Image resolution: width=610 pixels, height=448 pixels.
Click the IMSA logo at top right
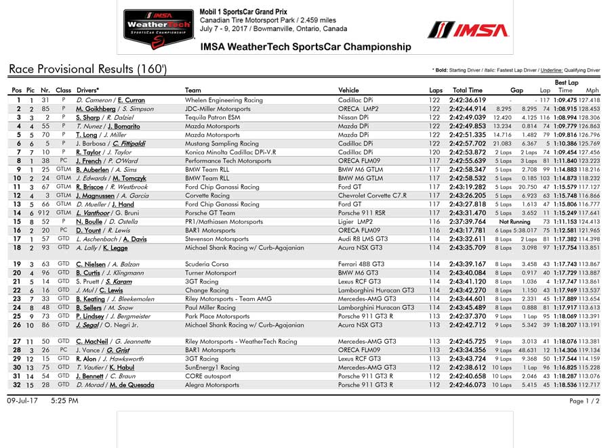coord(468,30)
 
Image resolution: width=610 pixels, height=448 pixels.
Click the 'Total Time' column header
coord(468,90)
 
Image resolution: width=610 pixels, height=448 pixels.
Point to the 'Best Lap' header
coord(566,82)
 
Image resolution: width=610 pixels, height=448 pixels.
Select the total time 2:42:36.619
coord(468,100)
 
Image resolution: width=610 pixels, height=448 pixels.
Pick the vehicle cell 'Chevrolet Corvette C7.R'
coord(372,196)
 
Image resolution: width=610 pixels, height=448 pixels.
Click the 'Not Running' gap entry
coord(514,221)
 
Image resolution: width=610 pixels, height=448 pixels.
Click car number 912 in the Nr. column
coord(44,212)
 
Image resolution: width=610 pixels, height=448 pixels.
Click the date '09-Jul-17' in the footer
coord(23,401)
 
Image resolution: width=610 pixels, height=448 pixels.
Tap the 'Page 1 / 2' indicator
coord(585,401)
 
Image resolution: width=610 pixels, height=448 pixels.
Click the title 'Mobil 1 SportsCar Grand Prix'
coord(244,12)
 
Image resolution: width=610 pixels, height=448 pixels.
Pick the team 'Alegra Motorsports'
coord(212,385)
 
